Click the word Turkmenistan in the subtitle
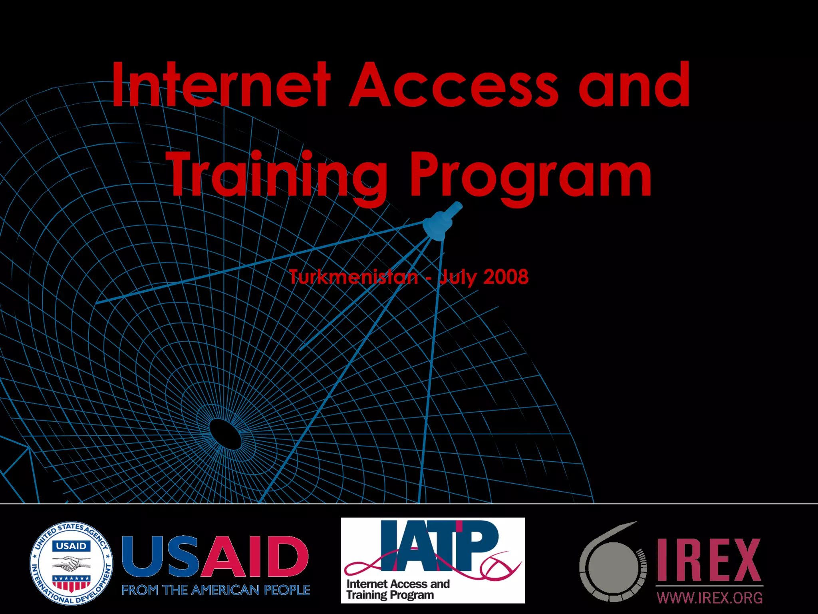click(x=354, y=277)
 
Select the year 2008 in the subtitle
click(x=506, y=277)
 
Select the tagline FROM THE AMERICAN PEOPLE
click(x=216, y=590)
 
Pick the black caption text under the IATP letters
click(x=397, y=589)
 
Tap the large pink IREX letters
click(x=709, y=560)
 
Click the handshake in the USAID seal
click(x=71, y=565)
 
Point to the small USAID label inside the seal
click(x=71, y=546)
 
